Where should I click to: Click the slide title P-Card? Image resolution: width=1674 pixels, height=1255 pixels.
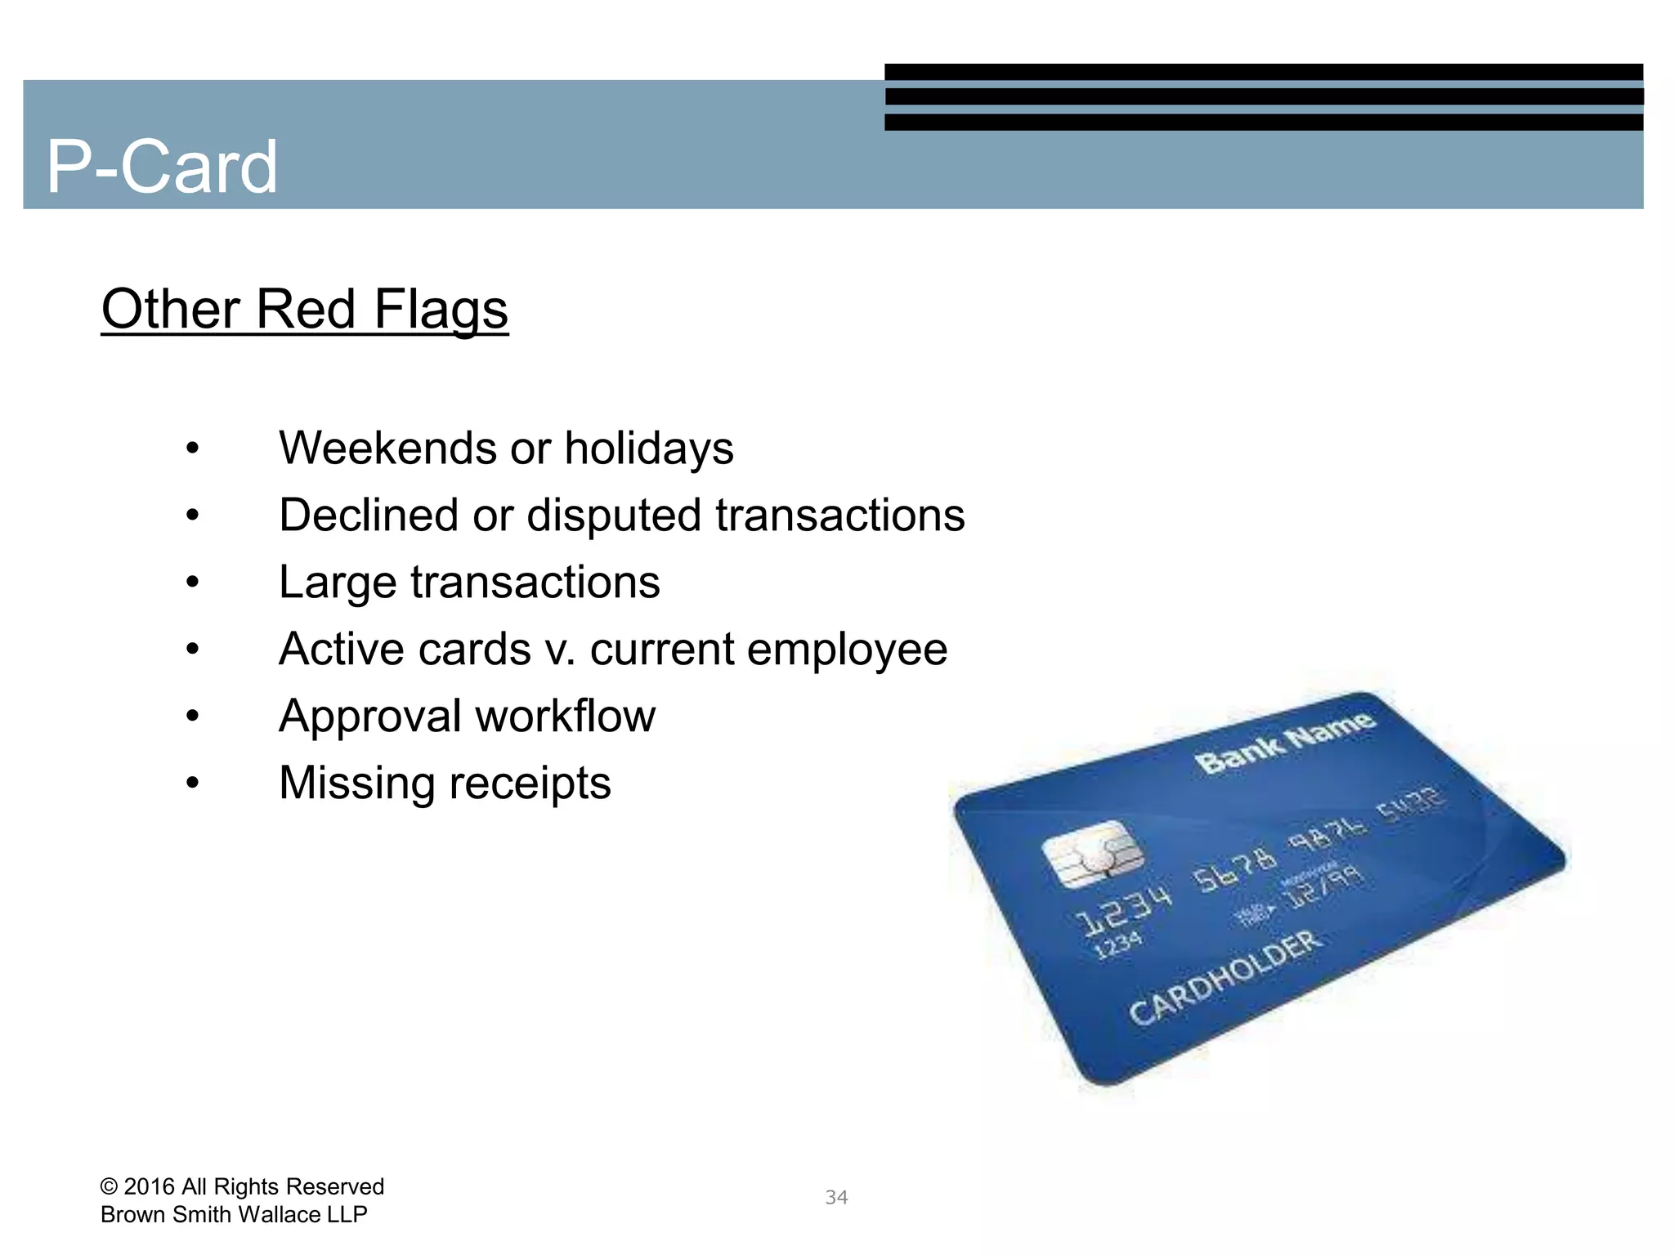162,167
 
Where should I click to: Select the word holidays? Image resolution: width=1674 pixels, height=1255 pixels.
649,449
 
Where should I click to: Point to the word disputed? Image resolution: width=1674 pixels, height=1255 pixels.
614,516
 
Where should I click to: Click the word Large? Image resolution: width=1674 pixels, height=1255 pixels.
338,583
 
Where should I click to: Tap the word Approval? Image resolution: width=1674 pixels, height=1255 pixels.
370,717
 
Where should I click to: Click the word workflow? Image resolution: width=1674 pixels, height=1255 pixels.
566,717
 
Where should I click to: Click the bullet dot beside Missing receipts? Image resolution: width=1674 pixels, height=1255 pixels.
192,784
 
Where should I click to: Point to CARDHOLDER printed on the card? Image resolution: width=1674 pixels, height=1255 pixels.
1224,977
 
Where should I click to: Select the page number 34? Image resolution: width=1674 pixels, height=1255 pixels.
836,1198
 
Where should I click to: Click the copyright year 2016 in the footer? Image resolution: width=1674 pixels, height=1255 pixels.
150,1186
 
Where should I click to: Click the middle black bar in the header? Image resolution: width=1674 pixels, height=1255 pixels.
1264,97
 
